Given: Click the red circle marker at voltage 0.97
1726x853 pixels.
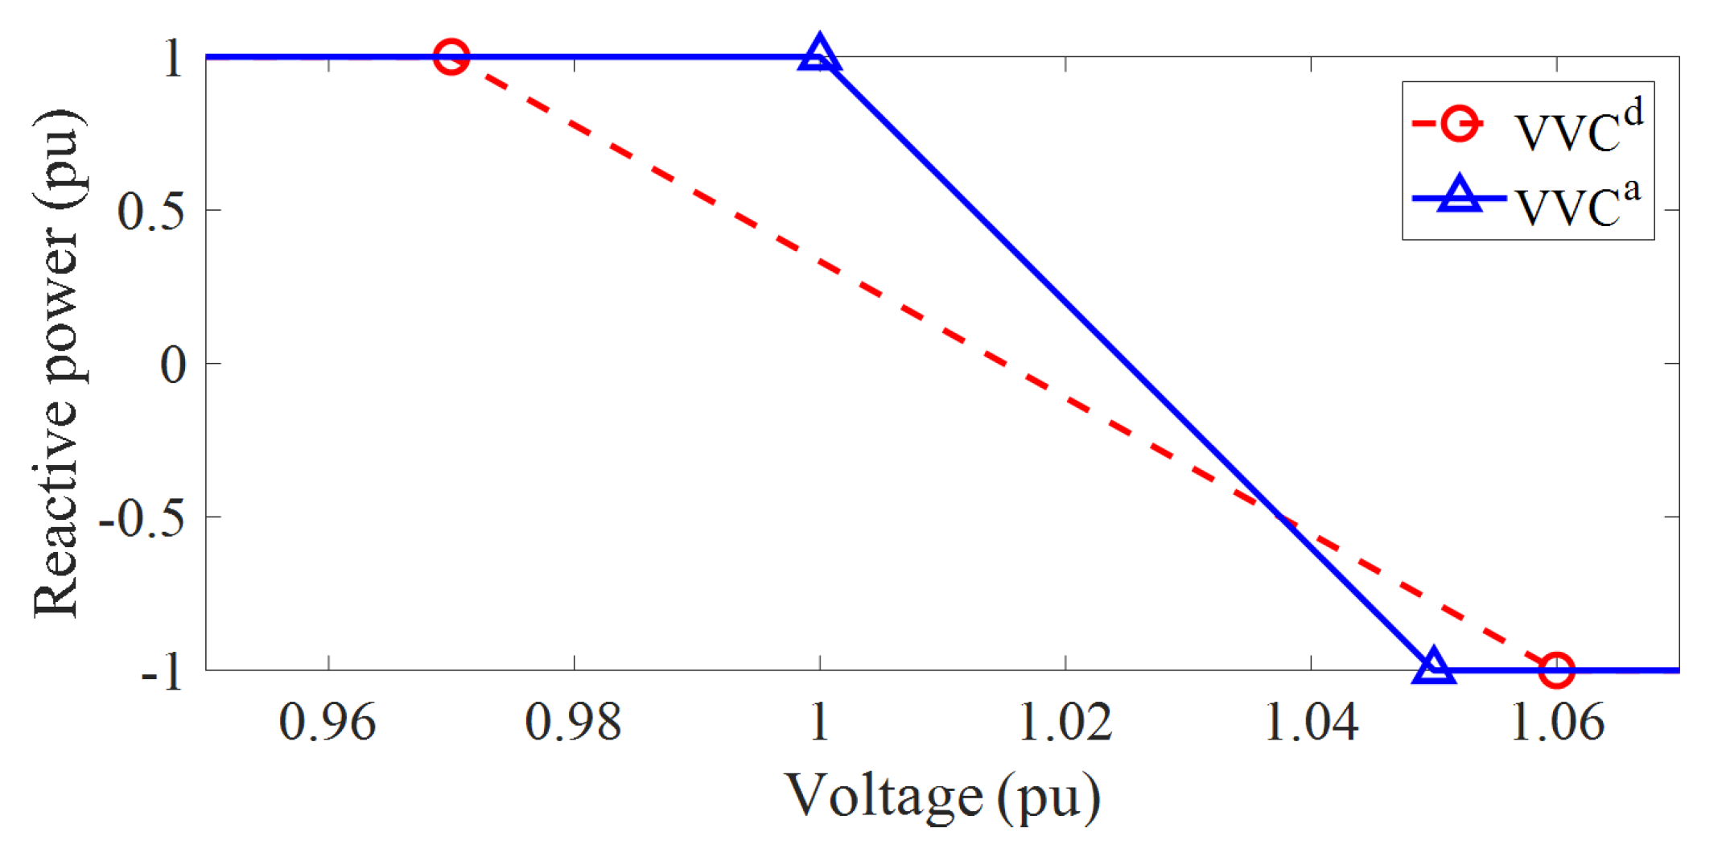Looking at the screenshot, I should (x=451, y=57).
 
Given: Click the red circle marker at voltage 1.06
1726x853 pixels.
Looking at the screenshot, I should (x=1556, y=670).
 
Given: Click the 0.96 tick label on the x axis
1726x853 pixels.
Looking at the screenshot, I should (x=327, y=722).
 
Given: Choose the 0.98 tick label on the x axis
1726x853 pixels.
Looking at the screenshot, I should (x=573, y=722).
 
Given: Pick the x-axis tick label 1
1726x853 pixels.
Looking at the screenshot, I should (x=819, y=722).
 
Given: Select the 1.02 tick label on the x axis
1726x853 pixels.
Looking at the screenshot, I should (x=1065, y=722).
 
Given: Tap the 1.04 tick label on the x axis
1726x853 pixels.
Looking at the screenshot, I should (x=1312, y=722).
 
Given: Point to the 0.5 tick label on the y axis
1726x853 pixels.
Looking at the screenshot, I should (x=150, y=212).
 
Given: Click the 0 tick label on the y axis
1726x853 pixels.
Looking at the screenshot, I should (x=173, y=365).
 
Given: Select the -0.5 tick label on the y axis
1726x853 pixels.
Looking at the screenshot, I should (x=141, y=518).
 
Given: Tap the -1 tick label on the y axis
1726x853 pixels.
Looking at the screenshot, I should (x=162, y=671).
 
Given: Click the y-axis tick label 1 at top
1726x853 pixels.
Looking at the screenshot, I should (x=173, y=59).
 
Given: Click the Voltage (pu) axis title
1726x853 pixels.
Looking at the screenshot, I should (x=942, y=797).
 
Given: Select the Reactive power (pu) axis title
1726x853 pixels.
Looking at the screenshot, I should (x=58, y=364).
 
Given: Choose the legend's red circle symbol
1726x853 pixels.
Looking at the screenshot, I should (x=1458, y=124).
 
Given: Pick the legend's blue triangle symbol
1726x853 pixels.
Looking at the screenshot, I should (x=1459, y=196).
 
